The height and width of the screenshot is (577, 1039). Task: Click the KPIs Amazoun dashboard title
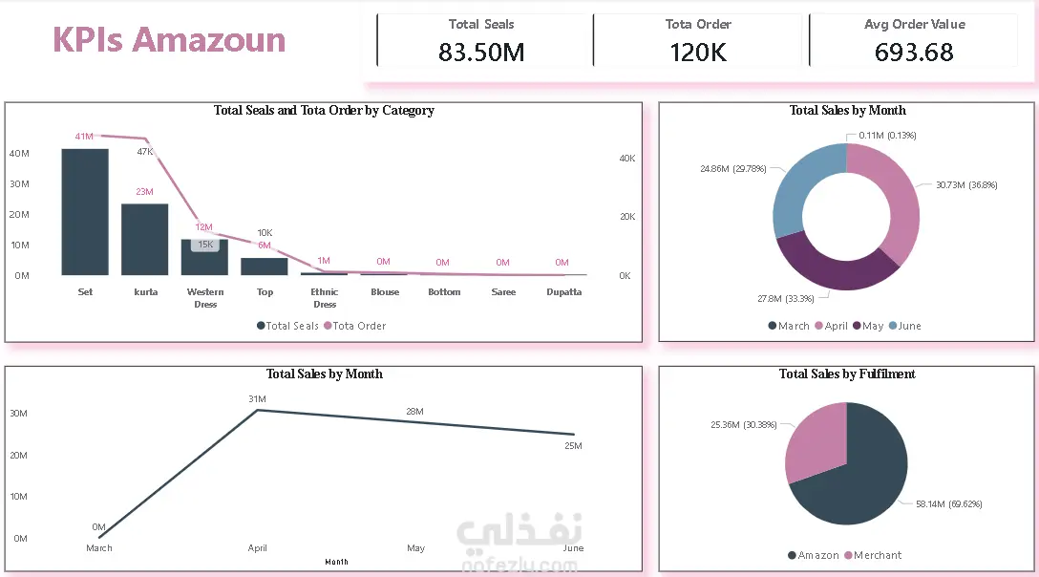click(169, 40)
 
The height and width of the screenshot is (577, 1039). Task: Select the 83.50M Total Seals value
click(481, 53)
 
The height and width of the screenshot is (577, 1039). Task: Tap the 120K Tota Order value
click(698, 53)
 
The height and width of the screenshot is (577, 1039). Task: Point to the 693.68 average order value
click(914, 53)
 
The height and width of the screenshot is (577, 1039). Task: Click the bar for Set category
click(85, 211)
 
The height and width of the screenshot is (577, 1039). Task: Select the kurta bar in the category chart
click(144, 240)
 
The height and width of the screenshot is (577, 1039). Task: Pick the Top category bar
click(265, 267)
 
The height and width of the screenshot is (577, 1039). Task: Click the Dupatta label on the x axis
click(563, 291)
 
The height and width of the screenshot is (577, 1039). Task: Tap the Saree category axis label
click(503, 291)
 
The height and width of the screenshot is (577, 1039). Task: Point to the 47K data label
click(145, 152)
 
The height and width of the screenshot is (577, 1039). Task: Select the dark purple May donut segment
click(837, 268)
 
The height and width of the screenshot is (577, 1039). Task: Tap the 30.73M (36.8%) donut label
click(966, 185)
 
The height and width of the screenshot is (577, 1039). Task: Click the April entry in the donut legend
click(831, 326)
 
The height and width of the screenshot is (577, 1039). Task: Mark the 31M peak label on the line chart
click(257, 399)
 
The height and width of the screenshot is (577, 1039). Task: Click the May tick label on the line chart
click(415, 547)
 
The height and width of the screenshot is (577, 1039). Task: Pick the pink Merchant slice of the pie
click(815, 440)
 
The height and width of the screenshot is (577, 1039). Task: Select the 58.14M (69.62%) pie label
click(949, 504)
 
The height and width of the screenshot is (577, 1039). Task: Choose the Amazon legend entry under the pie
click(813, 555)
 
